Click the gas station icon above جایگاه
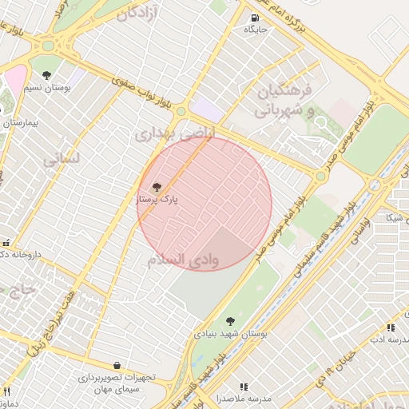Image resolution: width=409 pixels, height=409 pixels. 255,18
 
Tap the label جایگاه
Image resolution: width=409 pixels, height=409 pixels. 255,30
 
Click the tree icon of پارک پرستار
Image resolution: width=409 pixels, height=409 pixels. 157,186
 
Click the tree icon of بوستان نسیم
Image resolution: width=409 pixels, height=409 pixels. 48,75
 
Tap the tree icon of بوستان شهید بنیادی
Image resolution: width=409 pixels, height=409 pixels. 230,321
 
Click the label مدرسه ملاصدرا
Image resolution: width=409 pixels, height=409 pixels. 244,397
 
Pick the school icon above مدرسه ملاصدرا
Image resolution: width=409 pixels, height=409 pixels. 244,387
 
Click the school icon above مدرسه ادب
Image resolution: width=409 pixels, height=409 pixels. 391,328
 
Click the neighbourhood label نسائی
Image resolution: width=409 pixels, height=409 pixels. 62,159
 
